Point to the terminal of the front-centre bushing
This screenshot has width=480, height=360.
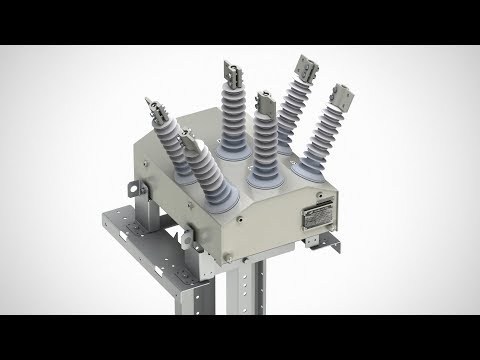click(265, 101)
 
